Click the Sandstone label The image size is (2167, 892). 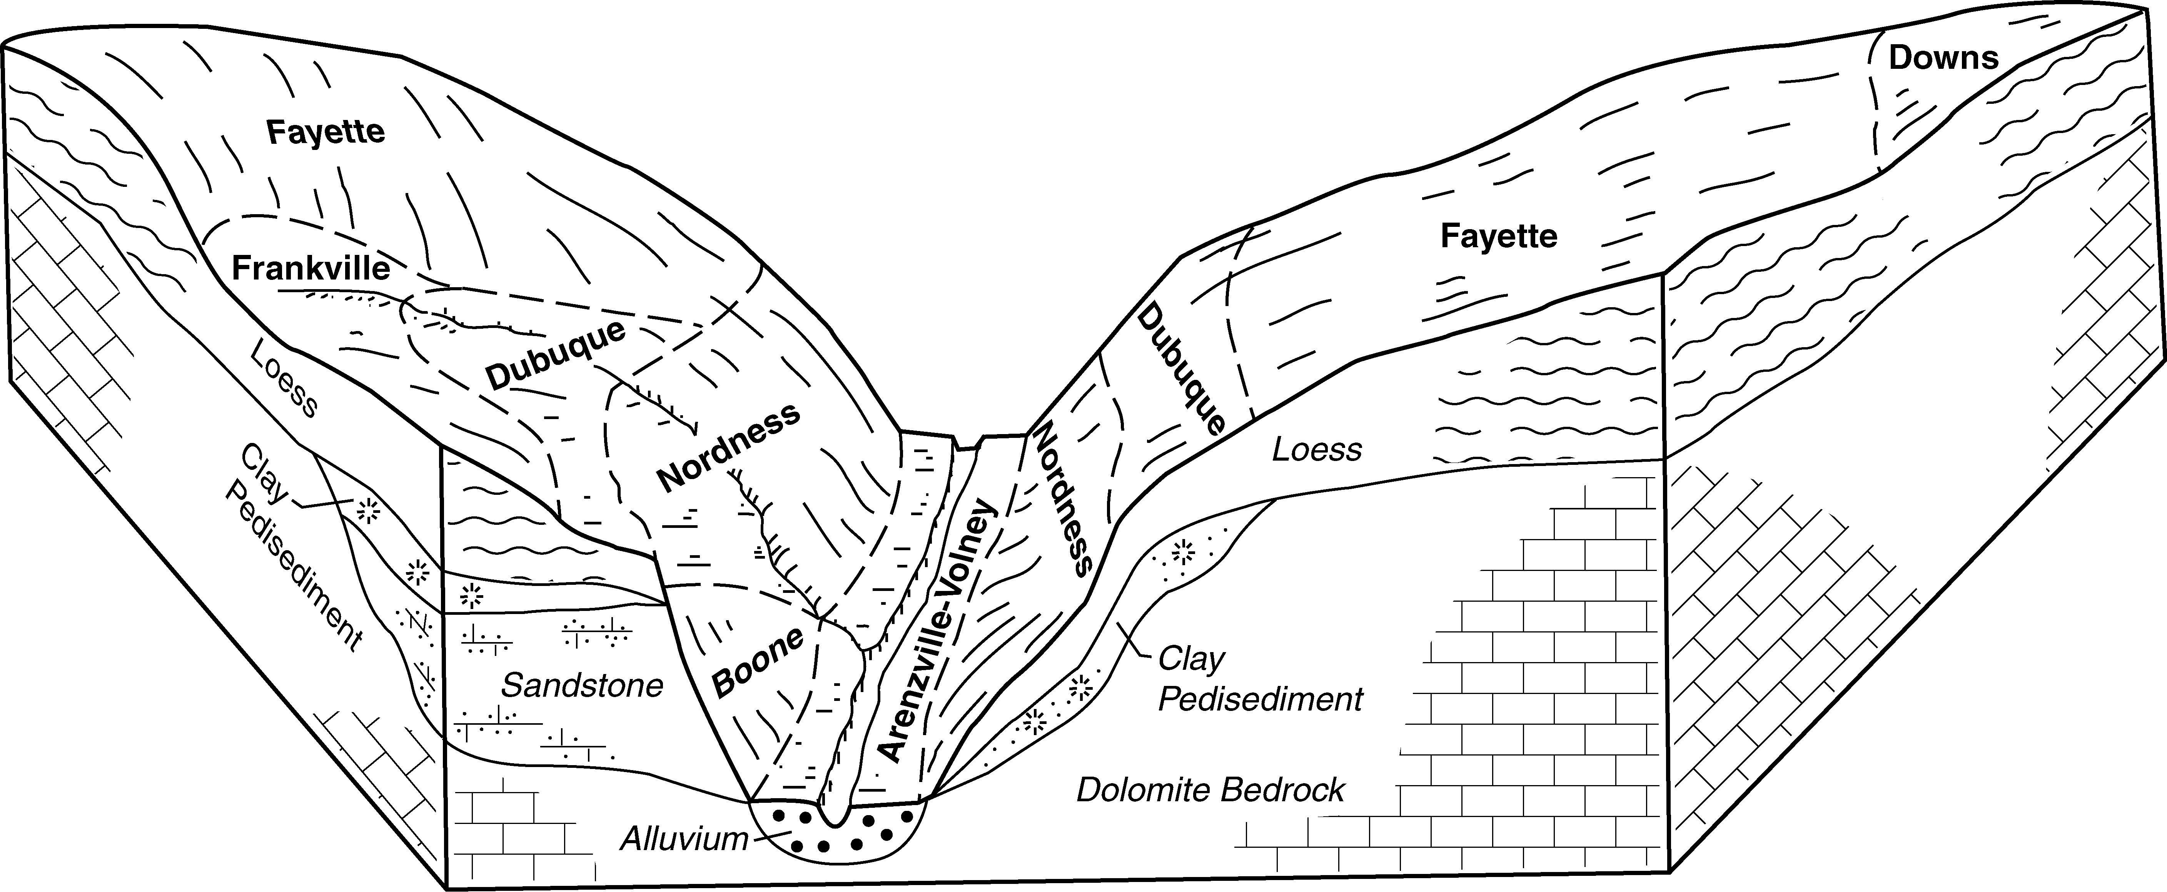(x=582, y=686)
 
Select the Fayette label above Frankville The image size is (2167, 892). (x=326, y=132)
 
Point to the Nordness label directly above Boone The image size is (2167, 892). (x=728, y=447)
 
